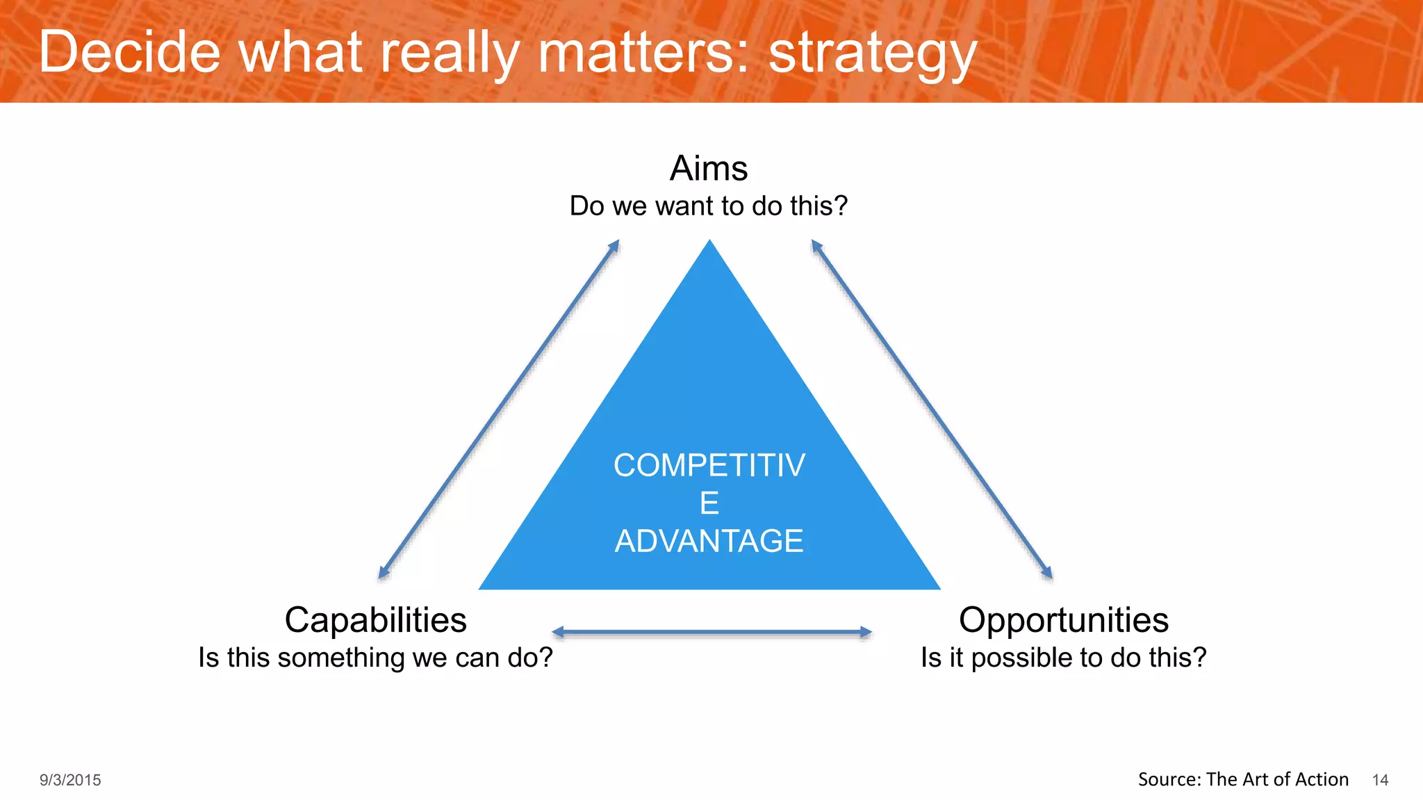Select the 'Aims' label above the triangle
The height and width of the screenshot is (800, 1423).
pyautogui.click(x=709, y=168)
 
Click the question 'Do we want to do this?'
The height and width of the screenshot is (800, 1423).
pyautogui.click(x=709, y=206)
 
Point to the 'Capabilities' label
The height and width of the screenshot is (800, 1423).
pyautogui.click(x=375, y=619)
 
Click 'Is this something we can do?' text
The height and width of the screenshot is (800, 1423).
pyautogui.click(x=375, y=658)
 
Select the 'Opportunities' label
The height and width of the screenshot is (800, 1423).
pyautogui.click(x=1063, y=619)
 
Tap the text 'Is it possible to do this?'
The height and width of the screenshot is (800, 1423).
pyautogui.click(x=1063, y=658)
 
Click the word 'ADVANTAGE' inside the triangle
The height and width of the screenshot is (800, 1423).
pyautogui.click(x=709, y=541)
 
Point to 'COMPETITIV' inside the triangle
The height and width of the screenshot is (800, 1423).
pyautogui.click(x=709, y=465)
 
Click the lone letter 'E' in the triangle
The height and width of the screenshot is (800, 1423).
pyautogui.click(x=709, y=503)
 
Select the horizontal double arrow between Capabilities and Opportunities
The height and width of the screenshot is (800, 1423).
pyautogui.click(x=711, y=632)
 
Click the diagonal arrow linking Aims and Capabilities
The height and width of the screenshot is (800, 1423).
pyautogui.click(x=498, y=409)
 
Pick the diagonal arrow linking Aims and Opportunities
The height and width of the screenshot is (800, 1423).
pyautogui.click(x=932, y=409)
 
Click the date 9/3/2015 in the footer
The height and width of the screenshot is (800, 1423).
pyautogui.click(x=70, y=780)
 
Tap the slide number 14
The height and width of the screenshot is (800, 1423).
pyautogui.click(x=1380, y=780)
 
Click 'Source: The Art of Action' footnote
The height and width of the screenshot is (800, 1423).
pyautogui.click(x=1243, y=779)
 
